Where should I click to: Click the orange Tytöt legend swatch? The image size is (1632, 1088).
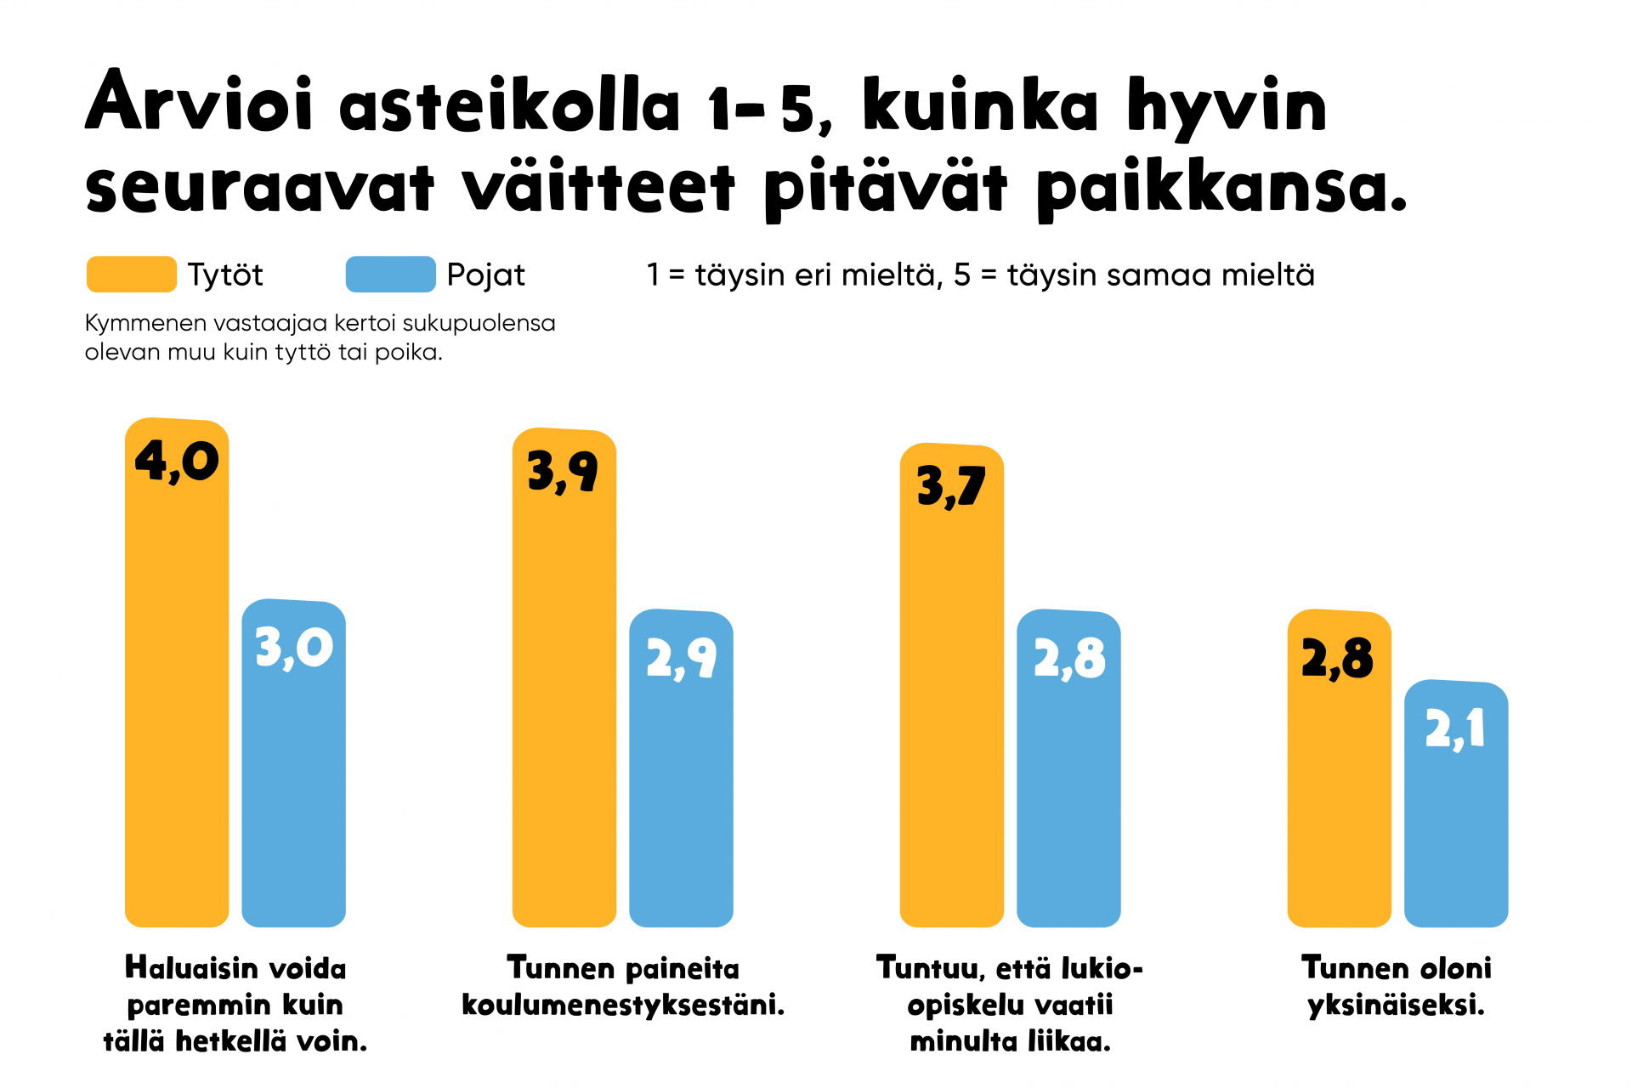[x=132, y=275]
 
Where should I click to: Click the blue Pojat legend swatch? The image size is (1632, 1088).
[x=390, y=275]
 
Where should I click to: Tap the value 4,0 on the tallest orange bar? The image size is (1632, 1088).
[x=177, y=462]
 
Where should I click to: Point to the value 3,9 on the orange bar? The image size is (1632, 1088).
[x=564, y=472]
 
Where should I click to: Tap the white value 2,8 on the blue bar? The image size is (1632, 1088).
[x=1069, y=659]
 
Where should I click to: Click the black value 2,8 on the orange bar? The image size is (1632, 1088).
[x=1338, y=659]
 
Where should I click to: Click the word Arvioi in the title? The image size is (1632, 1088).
[x=200, y=104]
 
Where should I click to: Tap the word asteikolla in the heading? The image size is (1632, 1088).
[x=510, y=105]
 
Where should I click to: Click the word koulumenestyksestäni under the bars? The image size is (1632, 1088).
[x=623, y=1005]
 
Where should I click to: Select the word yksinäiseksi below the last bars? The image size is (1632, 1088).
[x=1396, y=1006]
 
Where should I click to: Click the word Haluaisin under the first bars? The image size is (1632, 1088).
[x=192, y=968]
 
